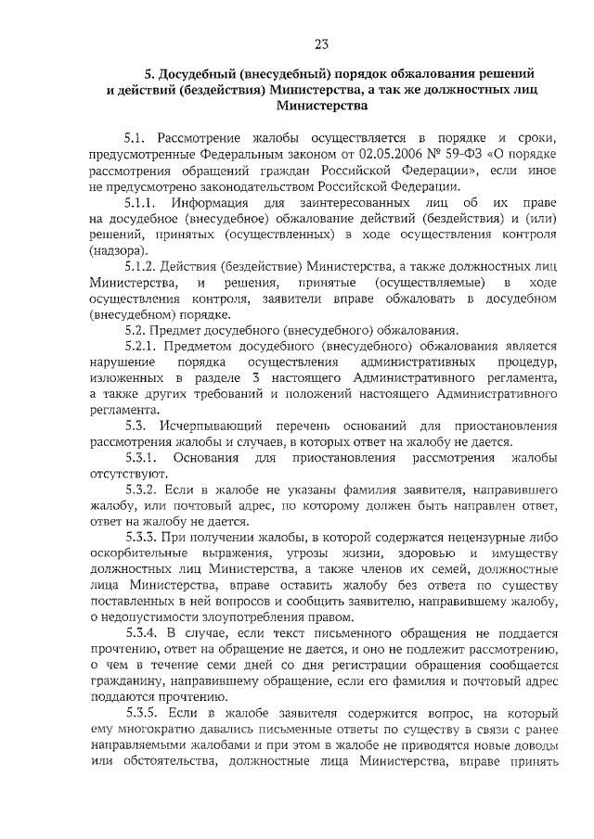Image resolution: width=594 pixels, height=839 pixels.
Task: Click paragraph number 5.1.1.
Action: click(x=142, y=202)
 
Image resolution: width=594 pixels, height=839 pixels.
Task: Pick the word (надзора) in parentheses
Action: click(x=117, y=250)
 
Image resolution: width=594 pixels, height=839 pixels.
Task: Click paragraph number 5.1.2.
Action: click(x=142, y=266)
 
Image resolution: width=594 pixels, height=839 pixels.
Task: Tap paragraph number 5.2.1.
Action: click(x=142, y=347)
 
